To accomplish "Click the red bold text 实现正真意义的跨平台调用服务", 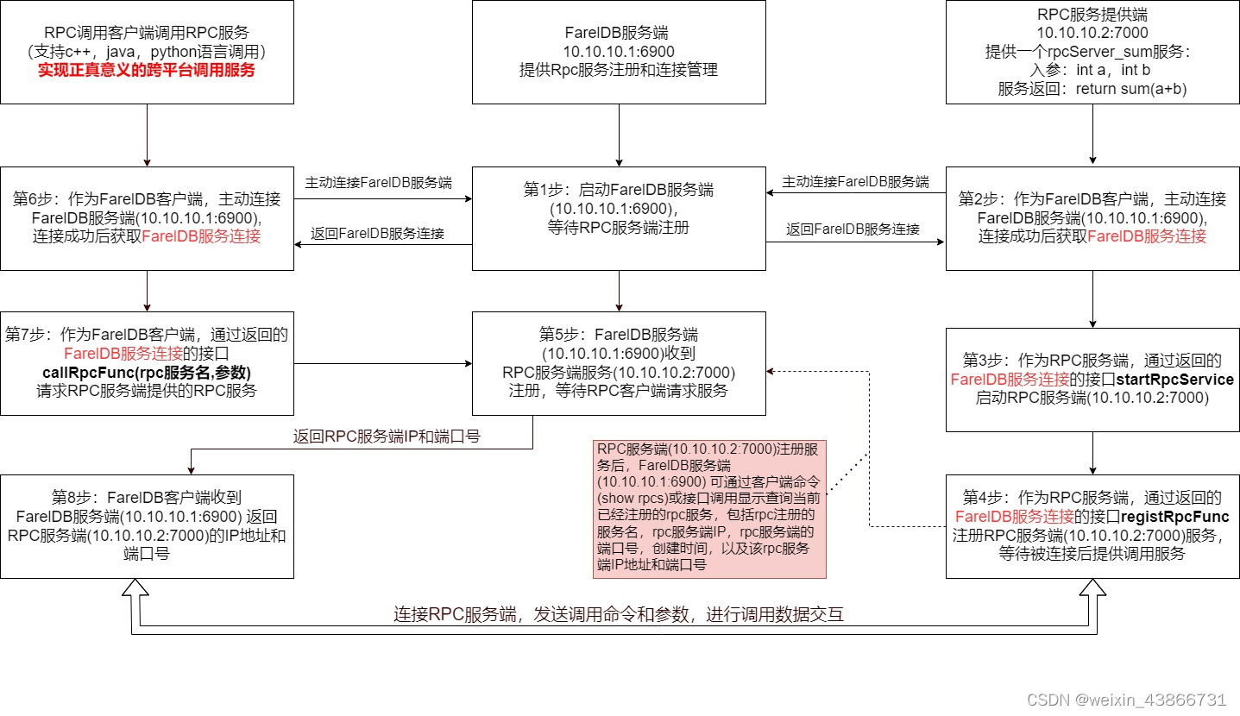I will pyautogui.click(x=147, y=70).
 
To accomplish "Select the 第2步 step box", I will pyautogui.click(x=1092, y=218).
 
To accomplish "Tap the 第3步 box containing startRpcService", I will pyautogui.click(x=1092, y=379).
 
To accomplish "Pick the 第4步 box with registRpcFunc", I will pyautogui.click(x=1092, y=525).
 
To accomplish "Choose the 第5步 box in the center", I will pyautogui.click(x=619, y=362).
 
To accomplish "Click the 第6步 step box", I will pyautogui.click(x=147, y=218).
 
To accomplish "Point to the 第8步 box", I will pyautogui.click(x=147, y=525).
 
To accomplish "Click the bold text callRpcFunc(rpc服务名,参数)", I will pyautogui.click(x=147, y=372).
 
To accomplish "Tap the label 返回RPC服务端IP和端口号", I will pyautogui.click(x=387, y=436).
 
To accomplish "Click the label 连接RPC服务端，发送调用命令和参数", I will pyautogui.click(x=618, y=615).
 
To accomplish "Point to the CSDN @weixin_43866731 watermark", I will pyautogui.click(x=1143, y=699).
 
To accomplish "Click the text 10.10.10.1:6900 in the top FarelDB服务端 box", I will pyautogui.click(x=619, y=52).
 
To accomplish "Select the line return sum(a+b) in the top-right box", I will pyautogui.click(x=1092, y=88).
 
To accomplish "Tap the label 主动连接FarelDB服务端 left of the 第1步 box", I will pyautogui.click(x=378, y=182).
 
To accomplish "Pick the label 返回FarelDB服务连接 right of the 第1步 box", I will pyautogui.click(x=853, y=229).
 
